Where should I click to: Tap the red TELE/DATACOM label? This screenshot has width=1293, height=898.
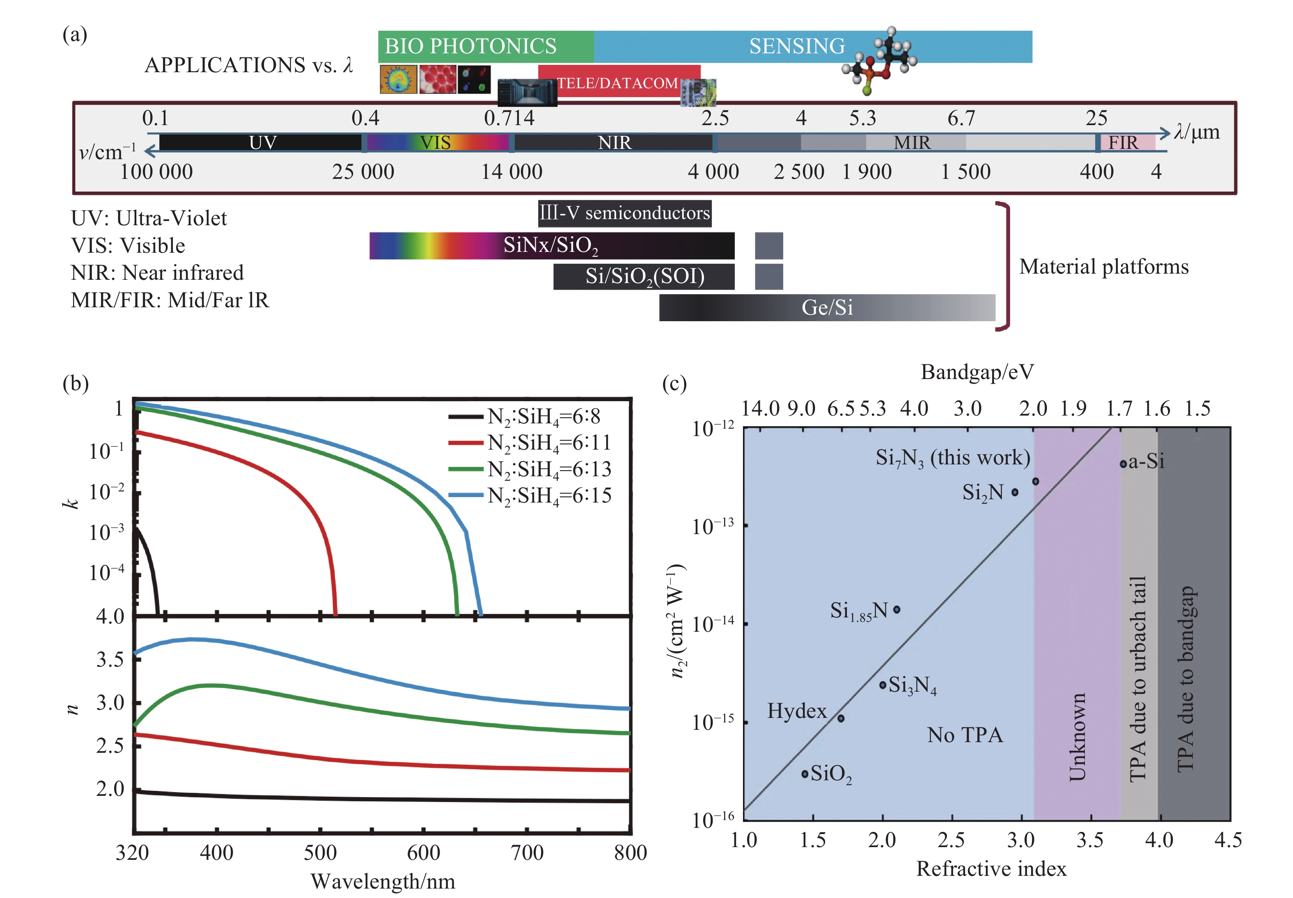tap(617, 83)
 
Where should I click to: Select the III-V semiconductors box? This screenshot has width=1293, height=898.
tap(624, 213)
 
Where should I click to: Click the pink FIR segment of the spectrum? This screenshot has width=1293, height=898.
tap(1124, 143)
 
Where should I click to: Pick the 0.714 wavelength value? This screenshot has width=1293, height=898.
tap(509, 118)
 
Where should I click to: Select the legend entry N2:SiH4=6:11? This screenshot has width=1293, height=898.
tap(549, 443)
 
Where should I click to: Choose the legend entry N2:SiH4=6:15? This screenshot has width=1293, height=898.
tap(549, 495)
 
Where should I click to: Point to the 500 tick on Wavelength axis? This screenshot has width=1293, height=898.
tap(320, 852)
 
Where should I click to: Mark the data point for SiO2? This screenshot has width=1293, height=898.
tap(805, 774)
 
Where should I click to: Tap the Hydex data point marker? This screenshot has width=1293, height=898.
tap(840, 718)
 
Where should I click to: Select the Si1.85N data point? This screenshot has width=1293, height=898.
tap(897, 609)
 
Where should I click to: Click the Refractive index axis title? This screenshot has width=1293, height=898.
tap(991, 869)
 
